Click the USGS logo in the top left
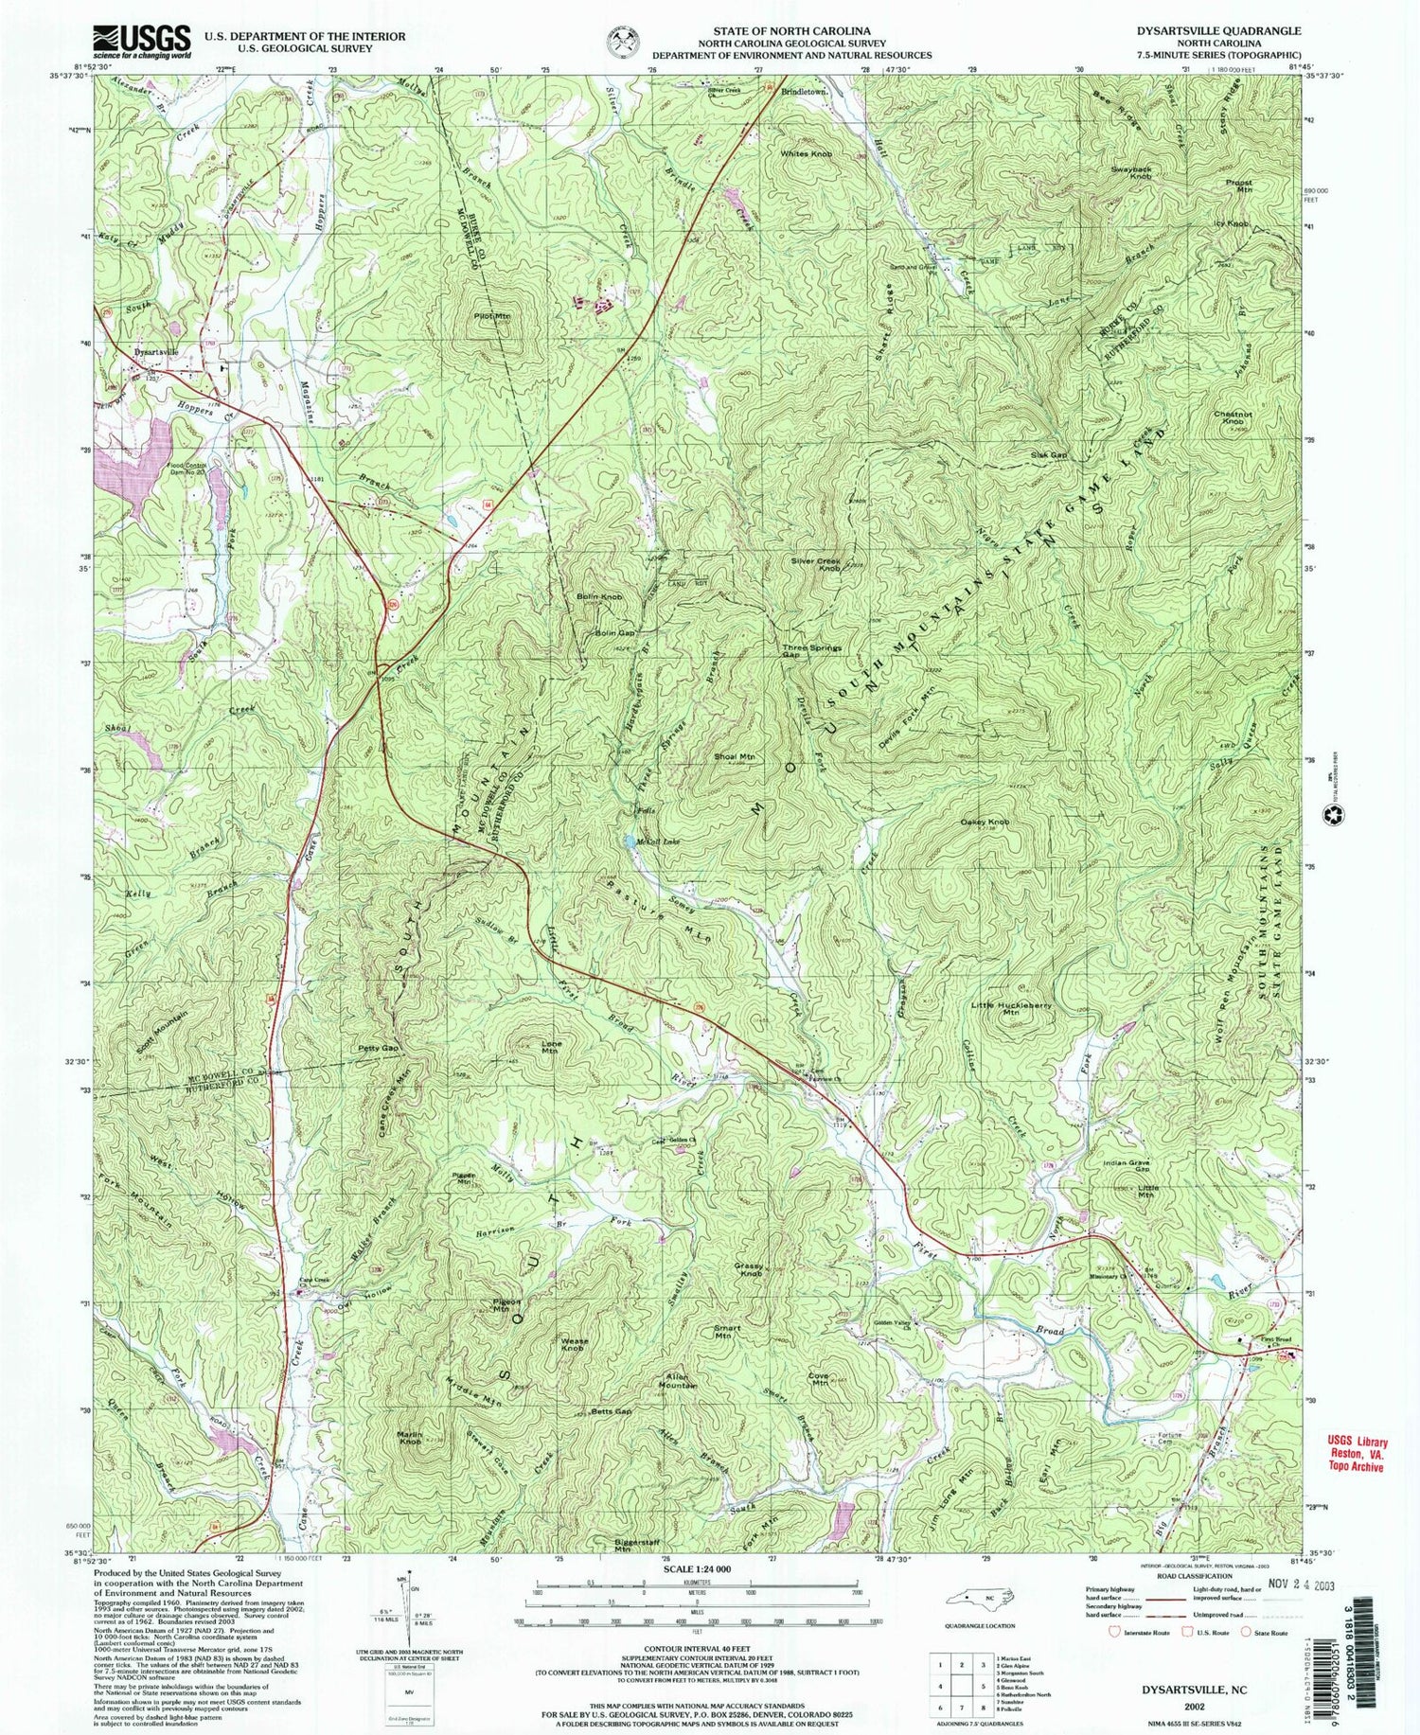141,42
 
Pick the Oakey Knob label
985,823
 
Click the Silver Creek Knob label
817,564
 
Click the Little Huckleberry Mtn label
1008,1008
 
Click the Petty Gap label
377,1049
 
